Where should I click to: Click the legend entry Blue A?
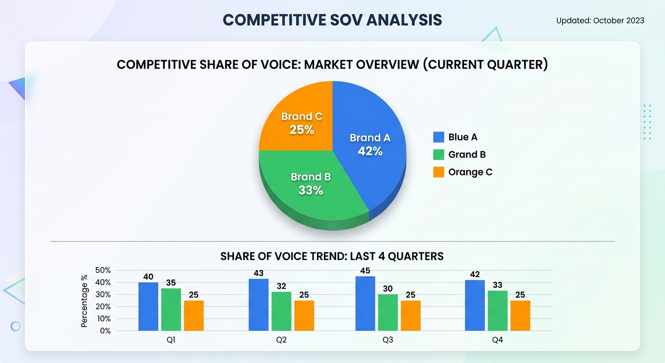tap(462, 137)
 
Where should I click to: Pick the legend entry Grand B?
tap(466, 155)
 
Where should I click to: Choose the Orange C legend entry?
tap(469, 172)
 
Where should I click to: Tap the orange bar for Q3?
tap(410, 315)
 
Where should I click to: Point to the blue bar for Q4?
tap(475, 305)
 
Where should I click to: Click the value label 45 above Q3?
tap(365, 271)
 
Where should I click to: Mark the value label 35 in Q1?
tap(171, 283)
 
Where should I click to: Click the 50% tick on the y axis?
tap(102, 270)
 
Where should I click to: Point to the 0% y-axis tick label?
tap(105, 331)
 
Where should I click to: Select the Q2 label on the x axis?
tap(281, 340)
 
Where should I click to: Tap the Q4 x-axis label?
tap(497, 340)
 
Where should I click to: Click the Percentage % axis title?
tap(85, 301)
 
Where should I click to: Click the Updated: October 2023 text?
tap(600, 20)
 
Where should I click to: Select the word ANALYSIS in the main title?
tap(404, 20)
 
